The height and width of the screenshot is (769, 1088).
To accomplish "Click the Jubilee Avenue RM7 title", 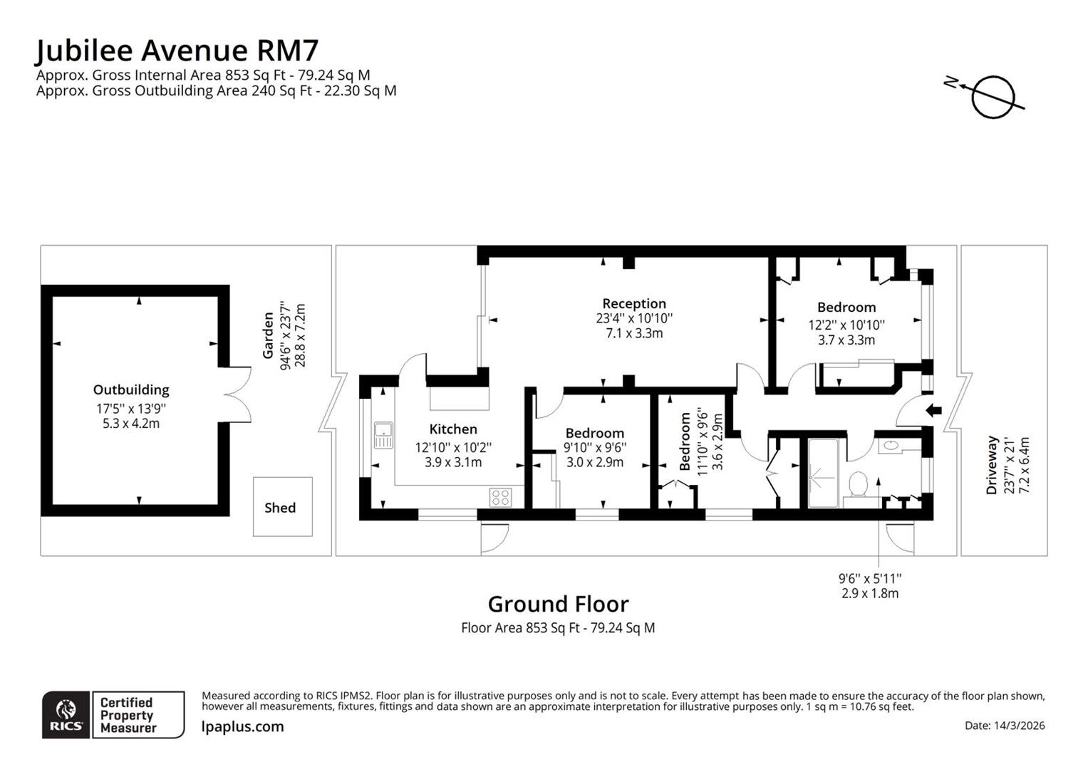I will point(177,51).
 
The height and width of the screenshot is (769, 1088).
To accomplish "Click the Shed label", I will point(280,508).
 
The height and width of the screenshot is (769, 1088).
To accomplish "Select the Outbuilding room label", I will point(131,389).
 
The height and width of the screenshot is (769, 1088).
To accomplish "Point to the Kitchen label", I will point(453,429).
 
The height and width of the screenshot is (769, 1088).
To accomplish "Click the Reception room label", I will point(633,303).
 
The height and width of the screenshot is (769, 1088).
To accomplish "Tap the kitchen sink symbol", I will point(383,435).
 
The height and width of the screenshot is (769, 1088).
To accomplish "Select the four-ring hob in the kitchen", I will point(499,497).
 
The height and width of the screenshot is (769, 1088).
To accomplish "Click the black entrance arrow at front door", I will point(933,410).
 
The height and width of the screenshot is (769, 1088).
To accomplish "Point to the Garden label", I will point(268,335).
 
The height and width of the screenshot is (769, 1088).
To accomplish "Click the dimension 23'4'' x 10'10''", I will point(633,318).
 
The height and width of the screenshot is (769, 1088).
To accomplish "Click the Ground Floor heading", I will point(558,604).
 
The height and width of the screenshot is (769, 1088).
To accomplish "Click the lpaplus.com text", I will point(243,726).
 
